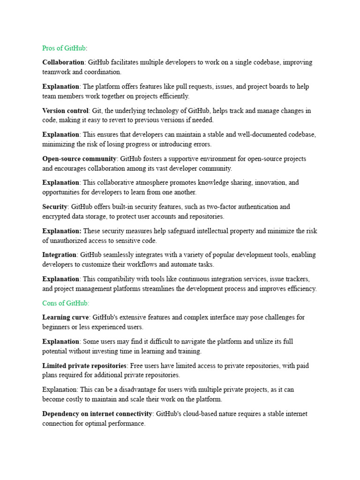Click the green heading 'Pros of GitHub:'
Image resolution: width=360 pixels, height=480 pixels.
[65, 48]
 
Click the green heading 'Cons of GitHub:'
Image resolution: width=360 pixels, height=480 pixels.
[66, 303]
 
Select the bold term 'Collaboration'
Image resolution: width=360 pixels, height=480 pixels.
[63, 62]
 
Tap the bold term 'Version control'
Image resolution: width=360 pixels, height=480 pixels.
[65, 111]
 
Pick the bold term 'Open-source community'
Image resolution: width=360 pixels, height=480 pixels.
[79, 159]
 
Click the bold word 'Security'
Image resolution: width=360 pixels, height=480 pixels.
[55, 207]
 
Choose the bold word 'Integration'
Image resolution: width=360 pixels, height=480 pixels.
[60, 255]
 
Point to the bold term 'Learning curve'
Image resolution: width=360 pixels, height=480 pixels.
[65, 317]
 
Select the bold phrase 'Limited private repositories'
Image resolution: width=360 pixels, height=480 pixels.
[84, 366]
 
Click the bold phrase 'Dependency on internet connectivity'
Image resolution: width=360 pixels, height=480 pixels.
[97, 414]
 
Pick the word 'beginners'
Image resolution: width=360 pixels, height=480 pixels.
[56, 327]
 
